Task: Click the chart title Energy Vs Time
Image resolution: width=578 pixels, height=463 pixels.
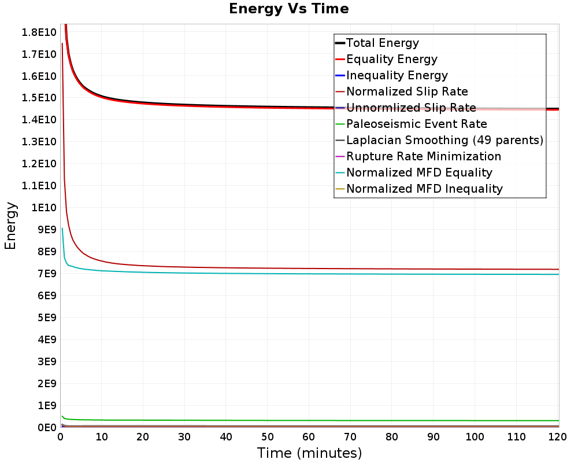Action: (x=288, y=9)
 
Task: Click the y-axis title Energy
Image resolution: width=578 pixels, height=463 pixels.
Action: (x=10, y=226)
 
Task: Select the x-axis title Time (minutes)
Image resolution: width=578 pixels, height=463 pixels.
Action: (x=309, y=453)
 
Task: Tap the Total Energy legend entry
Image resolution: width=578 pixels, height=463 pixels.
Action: (x=377, y=43)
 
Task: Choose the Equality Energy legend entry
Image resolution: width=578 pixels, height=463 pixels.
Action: (x=386, y=59)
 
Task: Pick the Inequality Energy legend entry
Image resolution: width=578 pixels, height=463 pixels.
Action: (x=391, y=75)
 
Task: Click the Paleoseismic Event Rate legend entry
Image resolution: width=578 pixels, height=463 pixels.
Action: (x=411, y=124)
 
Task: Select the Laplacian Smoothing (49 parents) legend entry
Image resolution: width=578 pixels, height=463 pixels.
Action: (x=439, y=140)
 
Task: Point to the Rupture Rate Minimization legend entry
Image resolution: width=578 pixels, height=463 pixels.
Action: (x=418, y=156)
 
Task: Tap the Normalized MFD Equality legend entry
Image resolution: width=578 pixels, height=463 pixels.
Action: (x=414, y=172)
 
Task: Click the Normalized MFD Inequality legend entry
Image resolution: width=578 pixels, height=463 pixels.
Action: (x=418, y=189)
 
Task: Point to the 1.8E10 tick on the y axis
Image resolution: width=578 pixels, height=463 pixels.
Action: (x=39, y=32)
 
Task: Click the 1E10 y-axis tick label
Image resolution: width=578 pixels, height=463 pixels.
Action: (x=44, y=208)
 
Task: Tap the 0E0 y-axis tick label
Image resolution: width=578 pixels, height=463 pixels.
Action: (x=47, y=428)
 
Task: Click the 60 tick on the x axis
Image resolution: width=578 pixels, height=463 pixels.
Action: (x=309, y=437)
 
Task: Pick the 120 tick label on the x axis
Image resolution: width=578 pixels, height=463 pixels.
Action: (x=557, y=437)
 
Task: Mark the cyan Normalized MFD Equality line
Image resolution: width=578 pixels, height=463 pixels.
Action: (x=310, y=274)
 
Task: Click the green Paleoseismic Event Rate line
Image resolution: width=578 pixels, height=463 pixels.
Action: (x=310, y=420)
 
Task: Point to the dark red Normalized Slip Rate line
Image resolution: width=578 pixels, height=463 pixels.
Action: (x=310, y=269)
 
